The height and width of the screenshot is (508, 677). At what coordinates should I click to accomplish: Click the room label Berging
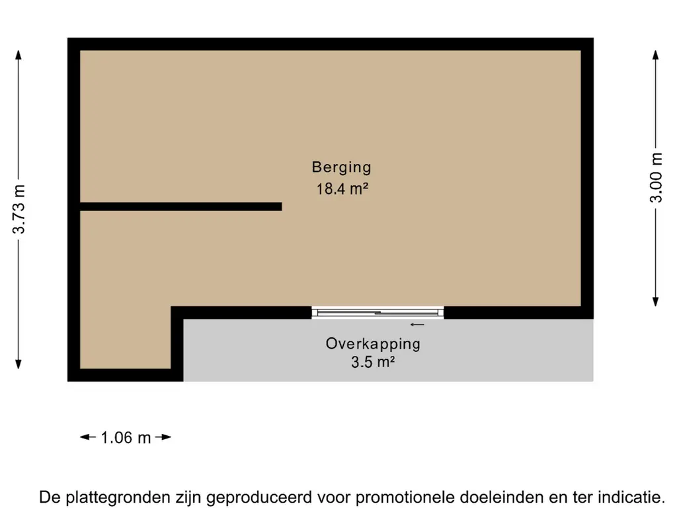click(x=342, y=167)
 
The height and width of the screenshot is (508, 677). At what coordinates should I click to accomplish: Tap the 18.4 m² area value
click(x=342, y=189)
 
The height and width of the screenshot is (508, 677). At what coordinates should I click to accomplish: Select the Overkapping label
click(x=373, y=344)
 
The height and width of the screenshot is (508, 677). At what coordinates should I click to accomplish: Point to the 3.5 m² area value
click(x=373, y=362)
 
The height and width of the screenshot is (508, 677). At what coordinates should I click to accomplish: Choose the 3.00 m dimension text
click(x=656, y=179)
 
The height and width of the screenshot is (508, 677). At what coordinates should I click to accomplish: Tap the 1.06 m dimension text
click(x=126, y=437)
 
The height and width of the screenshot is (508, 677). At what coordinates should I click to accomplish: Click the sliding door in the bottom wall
click(x=378, y=312)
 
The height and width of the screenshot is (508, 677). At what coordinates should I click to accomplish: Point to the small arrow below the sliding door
click(x=417, y=325)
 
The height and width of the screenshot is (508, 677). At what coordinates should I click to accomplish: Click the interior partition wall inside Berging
click(x=180, y=206)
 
